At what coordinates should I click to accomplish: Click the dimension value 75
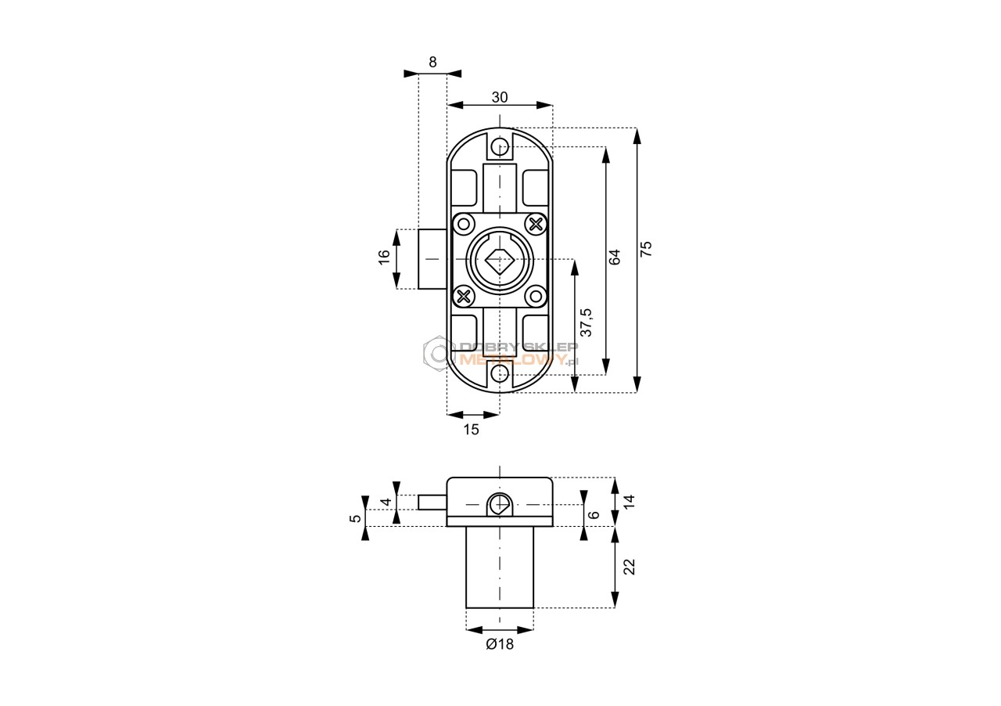coord(647,248)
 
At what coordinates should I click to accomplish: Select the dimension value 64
coord(615,257)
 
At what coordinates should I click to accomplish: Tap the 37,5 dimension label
coord(586,322)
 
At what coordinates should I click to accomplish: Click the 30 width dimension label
coord(500,97)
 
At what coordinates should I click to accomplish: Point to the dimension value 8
coord(432,62)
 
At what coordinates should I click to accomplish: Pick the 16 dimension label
coord(384,258)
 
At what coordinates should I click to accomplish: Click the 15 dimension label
coord(471,430)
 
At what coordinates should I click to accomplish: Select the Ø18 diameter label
coord(500,644)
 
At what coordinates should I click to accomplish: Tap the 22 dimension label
coord(630,567)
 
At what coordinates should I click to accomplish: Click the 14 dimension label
coord(630,501)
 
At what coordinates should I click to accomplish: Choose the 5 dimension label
coord(355,518)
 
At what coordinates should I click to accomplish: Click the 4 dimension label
coord(386,502)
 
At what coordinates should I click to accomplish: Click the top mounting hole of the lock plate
coord(500,146)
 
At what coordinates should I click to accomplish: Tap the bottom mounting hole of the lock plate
coord(500,373)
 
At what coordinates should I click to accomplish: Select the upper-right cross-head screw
coord(536,224)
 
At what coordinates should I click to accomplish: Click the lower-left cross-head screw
coord(464,296)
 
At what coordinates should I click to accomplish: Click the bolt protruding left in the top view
coord(432,259)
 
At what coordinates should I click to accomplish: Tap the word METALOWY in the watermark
coord(513,358)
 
